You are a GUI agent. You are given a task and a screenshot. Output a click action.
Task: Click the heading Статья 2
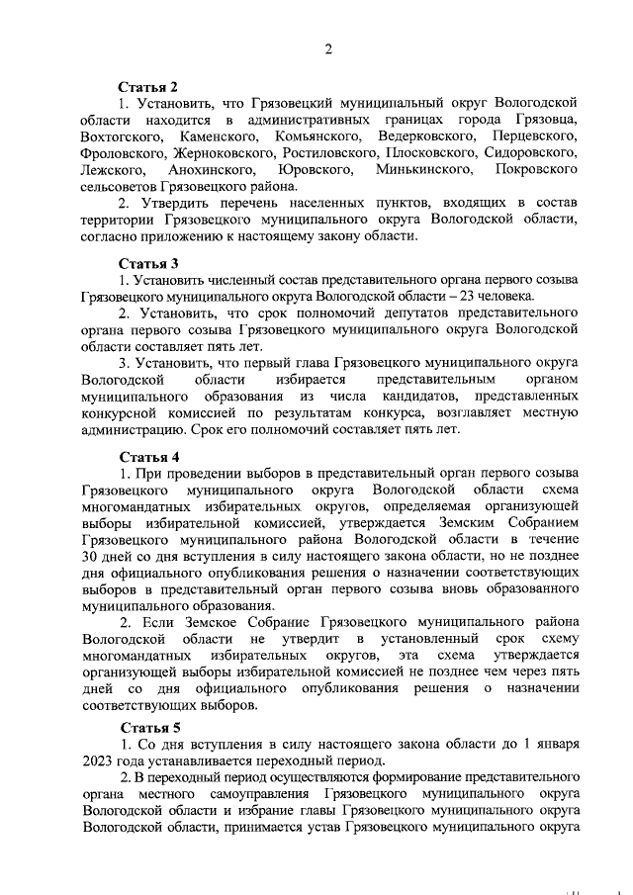click(148, 86)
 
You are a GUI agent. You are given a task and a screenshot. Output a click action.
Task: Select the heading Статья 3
click(148, 264)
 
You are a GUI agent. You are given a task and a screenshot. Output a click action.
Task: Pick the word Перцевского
click(535, 136)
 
